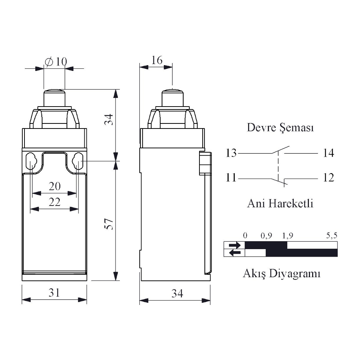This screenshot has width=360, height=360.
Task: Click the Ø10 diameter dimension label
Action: click(x=56, y=62)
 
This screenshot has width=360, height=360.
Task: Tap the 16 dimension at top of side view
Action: click(x=157, y=60)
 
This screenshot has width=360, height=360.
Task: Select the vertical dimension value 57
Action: click(x=109, y=224)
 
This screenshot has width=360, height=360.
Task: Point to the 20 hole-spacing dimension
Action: click(x=55, y=186)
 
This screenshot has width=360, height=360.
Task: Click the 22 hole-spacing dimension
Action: click(x=55, y=202)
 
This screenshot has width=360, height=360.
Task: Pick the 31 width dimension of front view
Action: click(x=54, y=293)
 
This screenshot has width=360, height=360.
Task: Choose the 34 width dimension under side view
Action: click(x=177, y=293)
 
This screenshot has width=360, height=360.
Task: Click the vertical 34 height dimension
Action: click(x=109, y=120)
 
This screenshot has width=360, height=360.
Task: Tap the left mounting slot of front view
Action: click(x=31, y=161)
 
